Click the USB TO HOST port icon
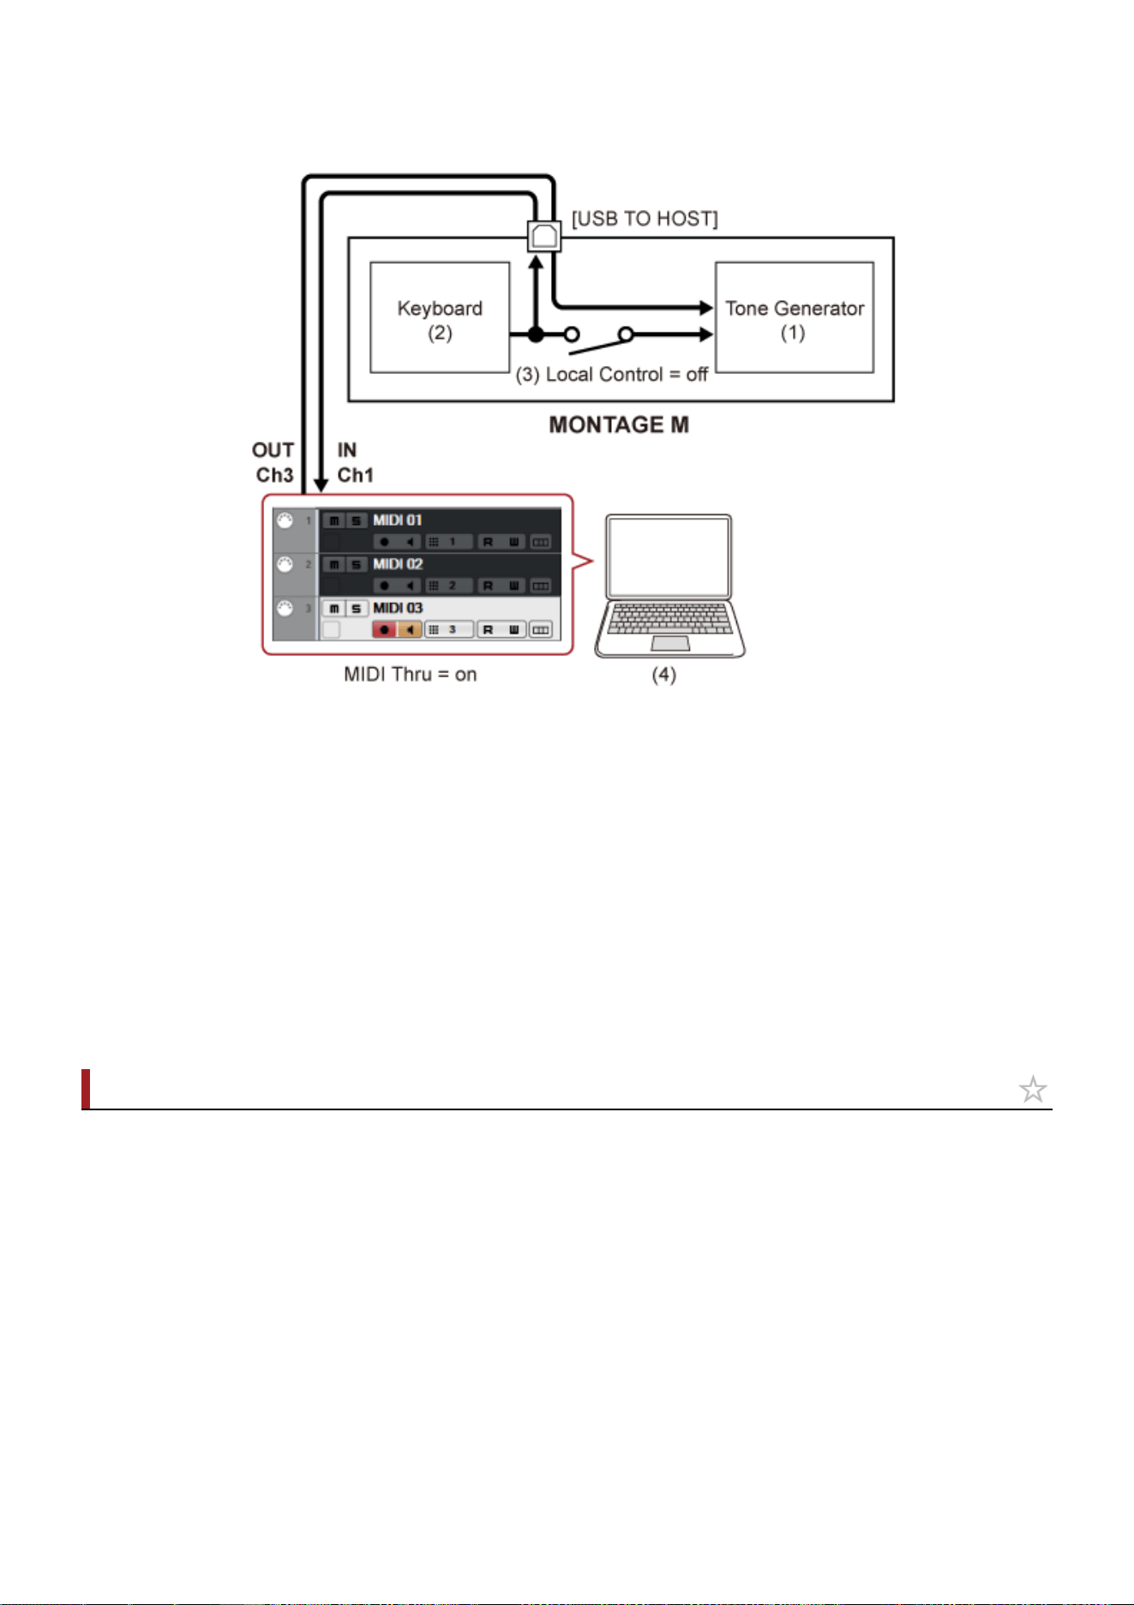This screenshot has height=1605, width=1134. (x=544, y=235)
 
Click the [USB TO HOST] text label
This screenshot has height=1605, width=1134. (x=645, y=219)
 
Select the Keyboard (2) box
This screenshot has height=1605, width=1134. (x=440, y=317)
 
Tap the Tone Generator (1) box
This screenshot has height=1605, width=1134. (x=795, y=317)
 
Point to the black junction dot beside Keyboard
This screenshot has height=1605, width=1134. (x=536, y=334)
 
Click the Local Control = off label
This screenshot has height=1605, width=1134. (x=612, y=375)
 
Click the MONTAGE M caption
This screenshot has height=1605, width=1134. (x=619, y=425)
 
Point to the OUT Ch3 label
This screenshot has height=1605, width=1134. (x=273, y=462)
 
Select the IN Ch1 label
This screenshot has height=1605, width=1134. (x=355, y=462)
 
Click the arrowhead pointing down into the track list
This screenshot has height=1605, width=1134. (x=321, y=485)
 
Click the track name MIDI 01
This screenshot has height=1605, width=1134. (x=398, y=520)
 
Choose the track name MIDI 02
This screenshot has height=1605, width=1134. (x=398, y=563)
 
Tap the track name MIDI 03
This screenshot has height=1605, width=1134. (x=398, y=607)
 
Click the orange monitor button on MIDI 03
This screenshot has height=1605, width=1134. (x=410, y=629)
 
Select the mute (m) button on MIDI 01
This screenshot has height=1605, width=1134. (x=334, y=520)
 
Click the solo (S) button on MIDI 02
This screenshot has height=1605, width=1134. (x=356, y=564)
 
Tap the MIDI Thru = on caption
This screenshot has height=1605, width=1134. (x=411, y=675)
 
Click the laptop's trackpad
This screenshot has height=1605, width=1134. (x=670, y=643)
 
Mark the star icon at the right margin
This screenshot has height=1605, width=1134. (x=1033, y=1089)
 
